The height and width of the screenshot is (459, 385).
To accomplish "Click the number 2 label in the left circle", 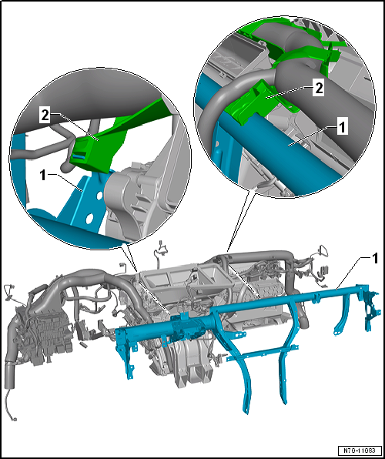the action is pyautogui.click(x=45, y=116).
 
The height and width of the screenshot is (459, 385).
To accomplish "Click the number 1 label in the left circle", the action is pyautogui.click(x=43, y=176).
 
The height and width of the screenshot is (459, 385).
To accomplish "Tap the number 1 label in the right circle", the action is pyautogui.click(x=342, y=128).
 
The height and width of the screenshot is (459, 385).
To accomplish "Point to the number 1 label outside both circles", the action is pyautogui.click(x=374, y=259).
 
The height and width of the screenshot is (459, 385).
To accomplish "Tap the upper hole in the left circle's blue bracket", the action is pyautogui.click(x=100, y=195).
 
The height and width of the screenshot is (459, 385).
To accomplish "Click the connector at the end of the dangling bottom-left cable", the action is pyautogui.click(x=14, y=420).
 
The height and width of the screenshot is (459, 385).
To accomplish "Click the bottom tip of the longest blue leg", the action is pyautogui.click(x=247, y=414).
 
